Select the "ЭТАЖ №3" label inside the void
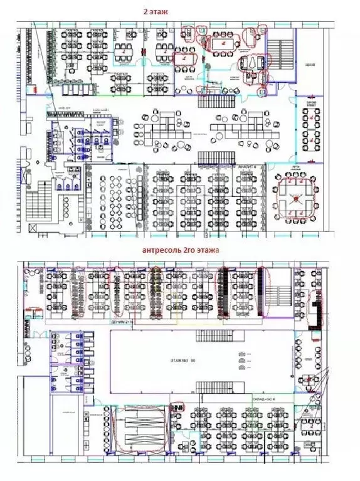(x=180, y=361)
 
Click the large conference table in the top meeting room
(x=221, y=45)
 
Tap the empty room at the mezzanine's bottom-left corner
(x=66, y=433)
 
